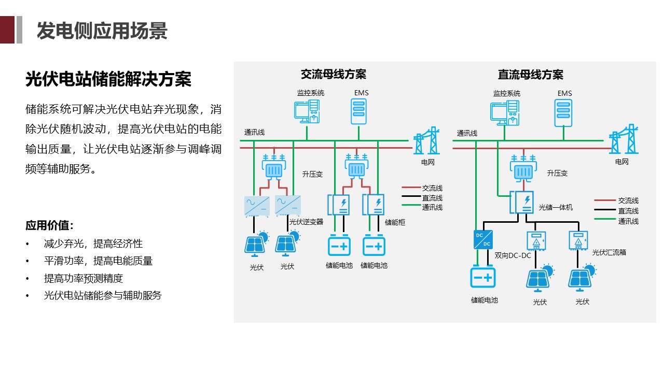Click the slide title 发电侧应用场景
coord(102,31)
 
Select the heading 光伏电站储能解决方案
coord(108,79)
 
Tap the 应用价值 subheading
coord(49,226)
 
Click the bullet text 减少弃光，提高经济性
coord(93,243)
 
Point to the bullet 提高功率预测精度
coord(84,278)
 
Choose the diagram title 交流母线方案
coord(334,74)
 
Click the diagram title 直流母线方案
coord(531,75)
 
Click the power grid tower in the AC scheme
coord(426,141)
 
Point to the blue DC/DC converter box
coord(483,239)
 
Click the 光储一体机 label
coord(556,207)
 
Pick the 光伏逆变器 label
coord(306,222)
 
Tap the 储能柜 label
coord(395,222)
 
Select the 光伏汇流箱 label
coord(609,252)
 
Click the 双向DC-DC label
coord(513,255)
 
